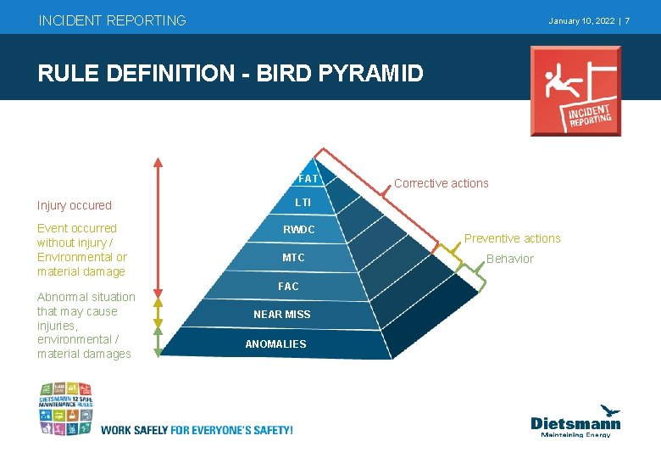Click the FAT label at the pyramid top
[308, 179]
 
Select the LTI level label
[303, 203]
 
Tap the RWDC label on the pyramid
[298, 230]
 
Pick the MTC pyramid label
[293, 258]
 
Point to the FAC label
[288, 287]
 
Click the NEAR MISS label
[282, 315]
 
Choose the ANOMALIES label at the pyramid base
[275, 344]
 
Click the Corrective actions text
[441, 183]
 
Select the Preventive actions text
[512, 238]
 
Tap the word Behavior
[510, 259]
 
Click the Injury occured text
[75, 205]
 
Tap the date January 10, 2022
[581, 20]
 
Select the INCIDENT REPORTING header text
[112, 20]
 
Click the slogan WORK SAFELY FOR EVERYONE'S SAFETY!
[197, 430]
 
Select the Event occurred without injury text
[81, 249]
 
